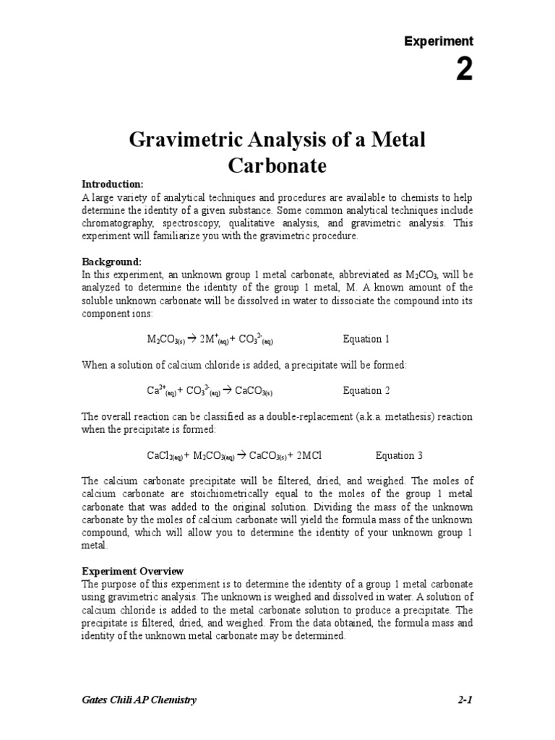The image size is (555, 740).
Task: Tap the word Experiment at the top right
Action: pyautogui.click(x=439, y=41)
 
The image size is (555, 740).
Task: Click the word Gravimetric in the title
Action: pyautogui.click(x=186, y=139)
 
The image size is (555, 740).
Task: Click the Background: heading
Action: pyautogui.click(x=111, y=262)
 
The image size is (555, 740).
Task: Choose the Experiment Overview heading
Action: pyautogui.click(x=132, y=571)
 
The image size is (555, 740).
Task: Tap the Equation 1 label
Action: pyautogui.click(x=366, y=339)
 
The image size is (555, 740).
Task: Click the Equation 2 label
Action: pyautogui.click(x=366, y=391)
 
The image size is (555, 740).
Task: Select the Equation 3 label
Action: pyautogui.click(x=399, y=456)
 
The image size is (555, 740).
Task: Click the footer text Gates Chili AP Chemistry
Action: pyautogui.click(x=139, y=700)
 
